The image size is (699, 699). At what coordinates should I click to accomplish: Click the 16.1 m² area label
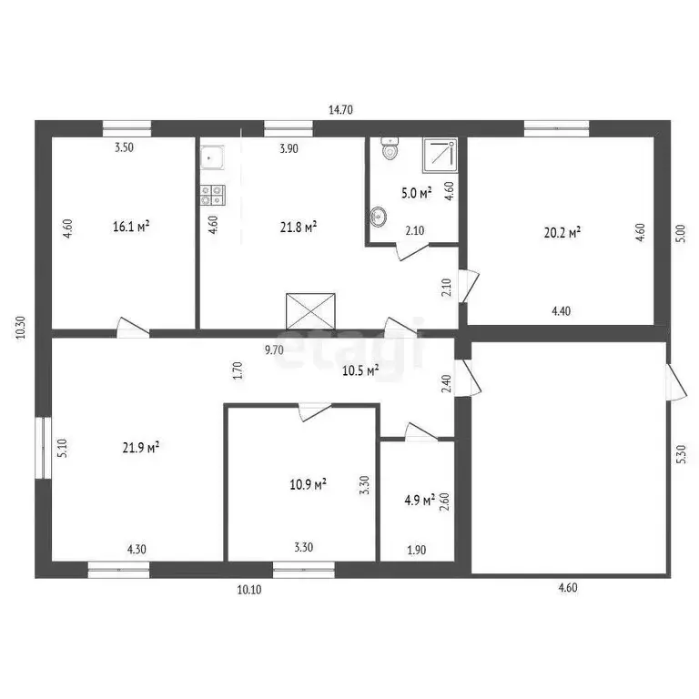pos(131,227)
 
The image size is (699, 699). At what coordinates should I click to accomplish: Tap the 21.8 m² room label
pos(298,227)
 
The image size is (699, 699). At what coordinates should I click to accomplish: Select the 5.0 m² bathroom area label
pos(418,192)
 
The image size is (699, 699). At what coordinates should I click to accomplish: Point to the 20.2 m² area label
pos(562,232)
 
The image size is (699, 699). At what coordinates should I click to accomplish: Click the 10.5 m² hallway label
pos(359,369)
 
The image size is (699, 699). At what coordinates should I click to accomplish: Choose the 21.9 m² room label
pos(141,447)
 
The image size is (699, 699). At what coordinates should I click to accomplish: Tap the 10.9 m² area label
pos(309,484)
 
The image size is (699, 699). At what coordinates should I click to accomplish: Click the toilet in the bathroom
pos(390,149)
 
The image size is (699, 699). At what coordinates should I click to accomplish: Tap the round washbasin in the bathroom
pos(379,217)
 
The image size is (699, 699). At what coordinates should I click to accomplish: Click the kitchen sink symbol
pos(212,158)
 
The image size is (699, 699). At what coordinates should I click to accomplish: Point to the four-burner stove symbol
pos(212,193)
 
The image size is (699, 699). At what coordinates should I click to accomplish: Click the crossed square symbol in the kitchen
pos(311,310)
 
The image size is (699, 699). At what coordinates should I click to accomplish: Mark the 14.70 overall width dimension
pos(340,109)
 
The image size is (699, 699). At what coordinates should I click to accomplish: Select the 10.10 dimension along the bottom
pos(249,590)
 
